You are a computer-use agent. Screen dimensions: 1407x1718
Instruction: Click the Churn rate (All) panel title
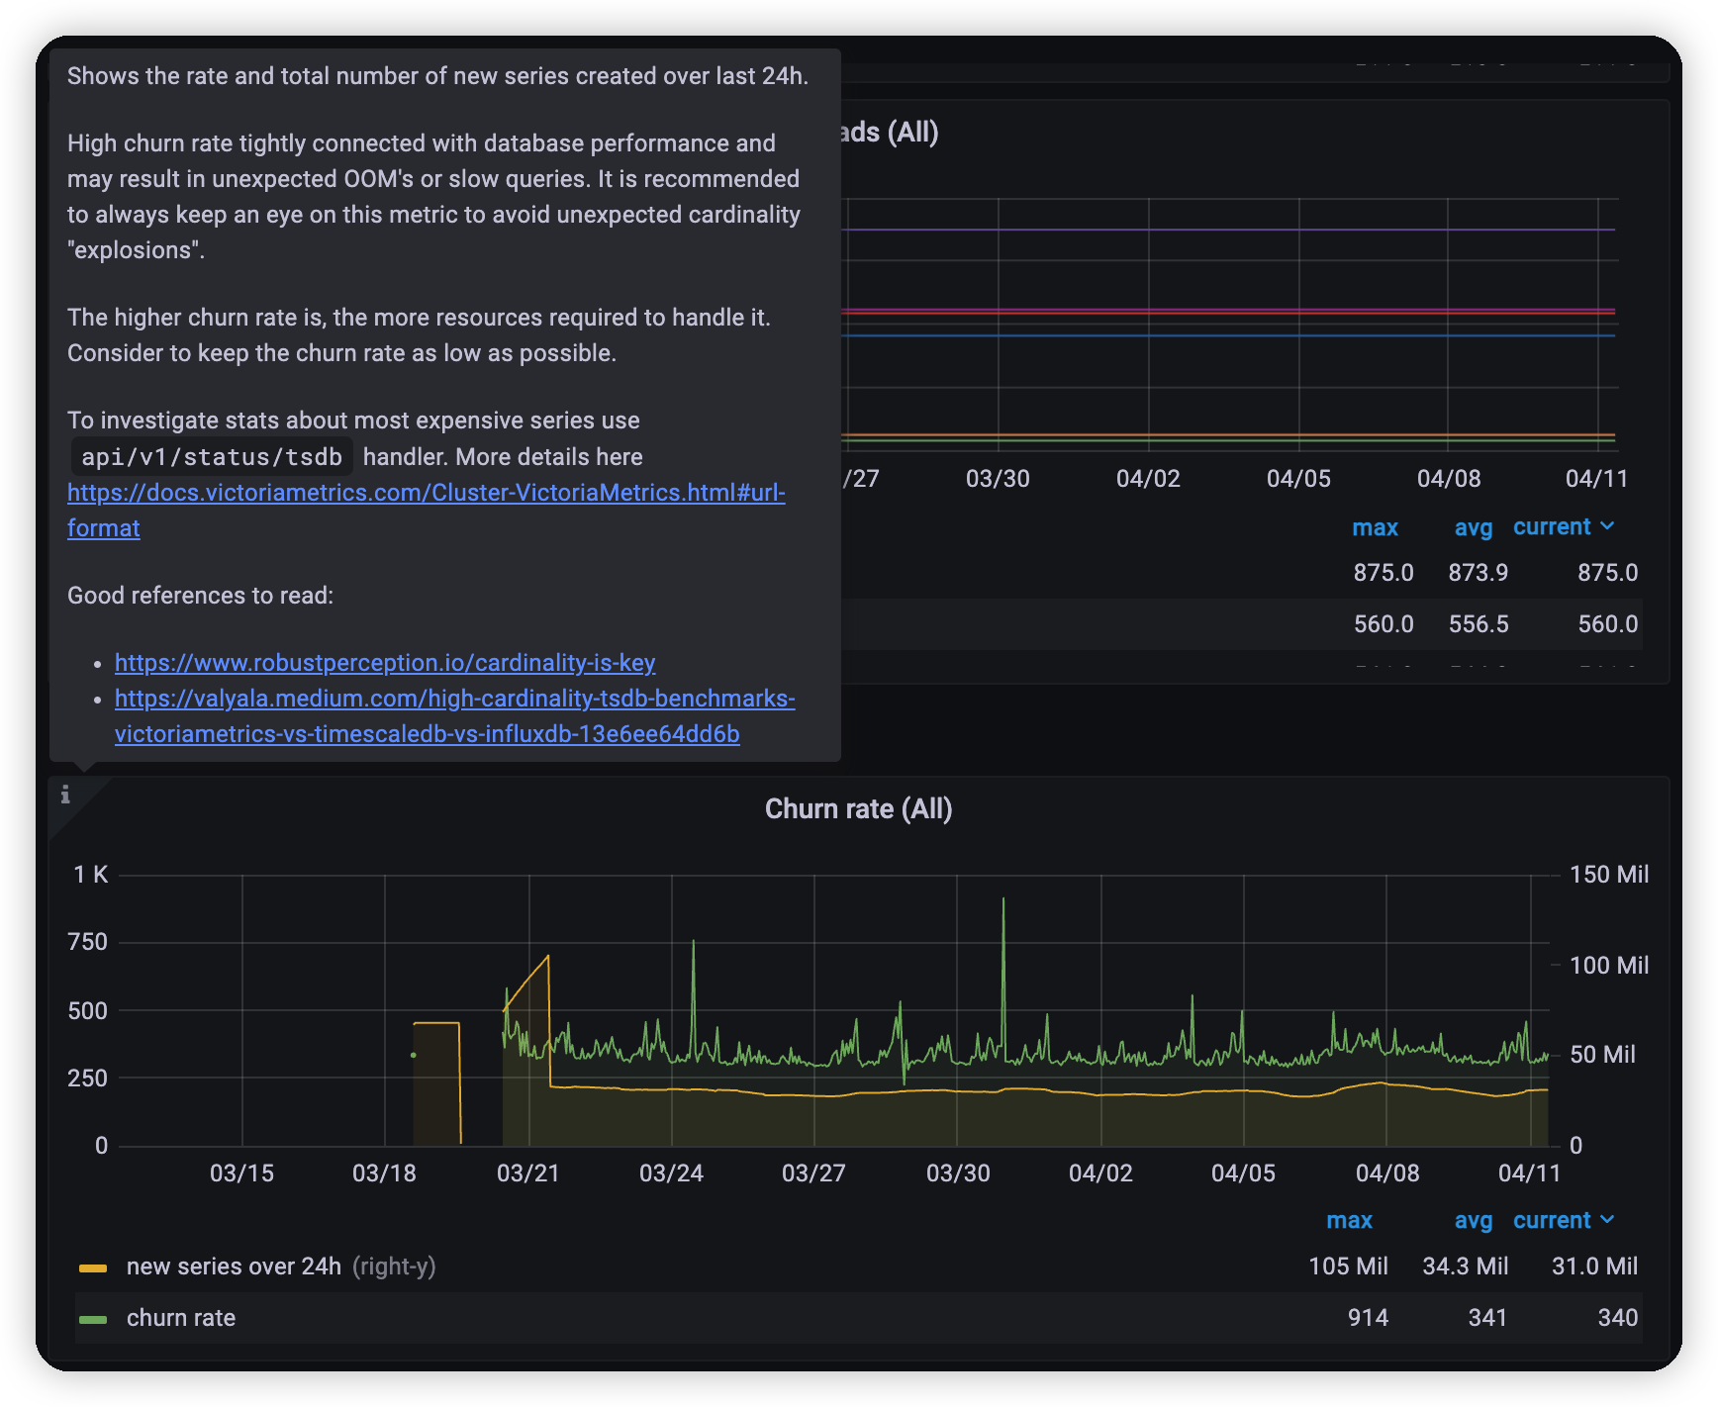[858, 809]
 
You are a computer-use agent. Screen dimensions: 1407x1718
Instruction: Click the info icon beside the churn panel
[65, 795]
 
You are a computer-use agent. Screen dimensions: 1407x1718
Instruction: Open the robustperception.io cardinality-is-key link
[385, 663]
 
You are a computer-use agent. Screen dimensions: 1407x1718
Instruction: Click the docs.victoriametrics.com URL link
[426, 493]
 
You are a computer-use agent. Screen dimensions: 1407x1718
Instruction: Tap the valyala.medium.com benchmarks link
[454, 699]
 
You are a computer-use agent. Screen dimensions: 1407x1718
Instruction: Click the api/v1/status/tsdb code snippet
[212, 457]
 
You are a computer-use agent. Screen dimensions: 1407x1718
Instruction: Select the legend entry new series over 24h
[234, 1266]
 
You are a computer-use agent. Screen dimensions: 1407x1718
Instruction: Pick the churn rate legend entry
[181, 1318]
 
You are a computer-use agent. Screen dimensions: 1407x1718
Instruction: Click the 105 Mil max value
[1348, 1266]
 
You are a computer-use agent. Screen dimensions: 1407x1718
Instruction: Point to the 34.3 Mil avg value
[1465, 1266]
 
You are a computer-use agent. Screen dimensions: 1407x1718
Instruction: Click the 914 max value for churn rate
[1368, 1318]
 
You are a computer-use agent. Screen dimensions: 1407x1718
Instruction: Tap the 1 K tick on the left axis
[90, 875]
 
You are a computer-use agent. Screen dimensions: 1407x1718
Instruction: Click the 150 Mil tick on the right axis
[1609, 875]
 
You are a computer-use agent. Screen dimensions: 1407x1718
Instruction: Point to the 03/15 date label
[241, 1173]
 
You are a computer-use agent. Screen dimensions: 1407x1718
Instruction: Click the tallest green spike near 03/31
[1003, 900]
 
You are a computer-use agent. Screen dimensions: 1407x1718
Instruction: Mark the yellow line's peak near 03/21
[548, 956]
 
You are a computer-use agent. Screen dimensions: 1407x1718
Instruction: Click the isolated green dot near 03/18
[414, 1055]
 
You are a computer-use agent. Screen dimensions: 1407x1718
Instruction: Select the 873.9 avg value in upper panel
[1478, 573]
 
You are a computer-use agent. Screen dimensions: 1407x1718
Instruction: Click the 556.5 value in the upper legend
[1479, 624]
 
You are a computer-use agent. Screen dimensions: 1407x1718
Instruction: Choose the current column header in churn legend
[1552, 1221]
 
